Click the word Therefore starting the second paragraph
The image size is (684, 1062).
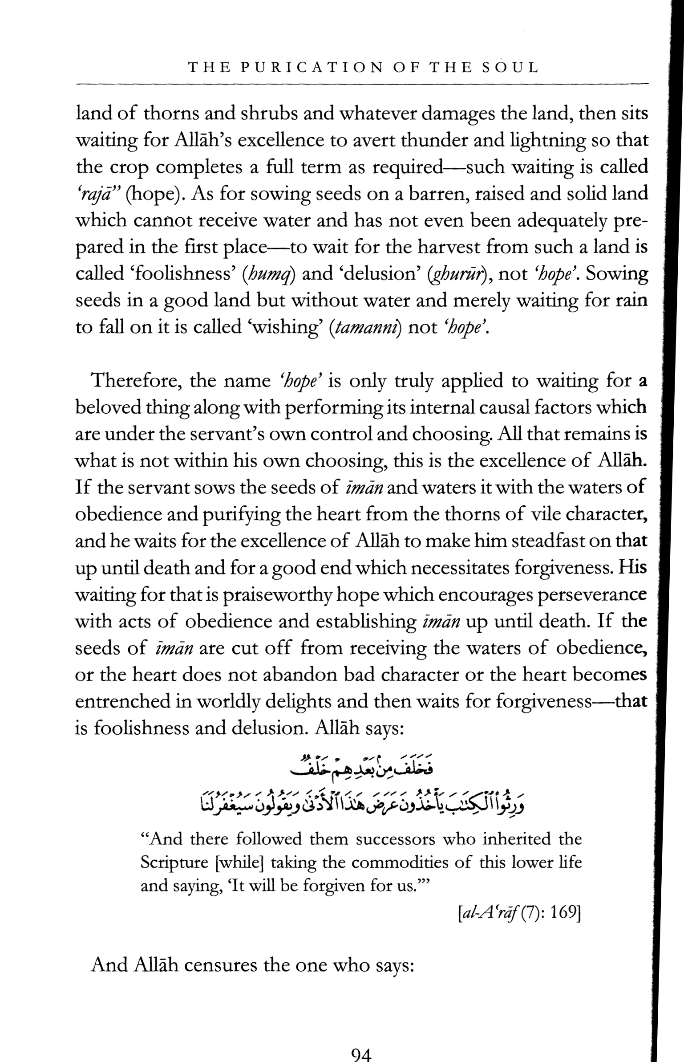[x=135, y=381]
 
